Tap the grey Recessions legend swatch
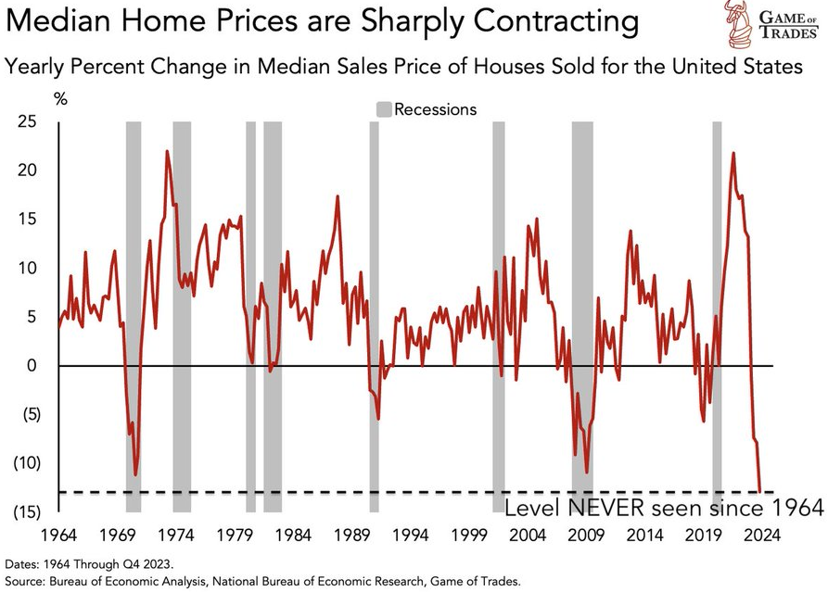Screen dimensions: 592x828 pyautogui.click(x=383, y=109)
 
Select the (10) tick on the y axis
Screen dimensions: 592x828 pyautogui.click(x=29, y=463)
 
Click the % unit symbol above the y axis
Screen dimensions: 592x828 pyautogui.click(x=60, y=99)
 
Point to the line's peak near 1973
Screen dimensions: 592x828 pyautogui.click(x=167, y=151)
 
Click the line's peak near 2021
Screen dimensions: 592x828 pyautogui.click(x=733, y=153)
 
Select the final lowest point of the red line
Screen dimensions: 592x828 pyautogui.click(x=760, y=492)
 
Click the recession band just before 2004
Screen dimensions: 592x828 pyautogui.click(x=499, y=315)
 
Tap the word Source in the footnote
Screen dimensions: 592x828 pyautogui.click(x=28, y=581)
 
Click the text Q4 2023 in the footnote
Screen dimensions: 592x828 pyautogui.click(x=147, y=562)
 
